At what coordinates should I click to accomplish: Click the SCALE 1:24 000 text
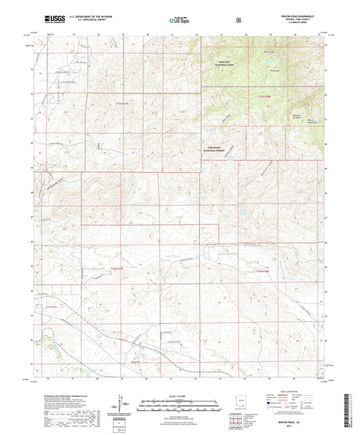pos(180,394)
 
